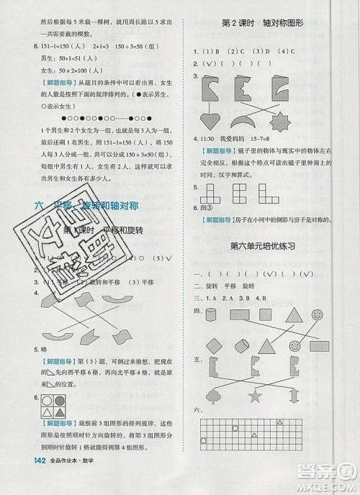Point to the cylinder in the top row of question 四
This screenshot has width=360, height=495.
(x=211, y=314)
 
